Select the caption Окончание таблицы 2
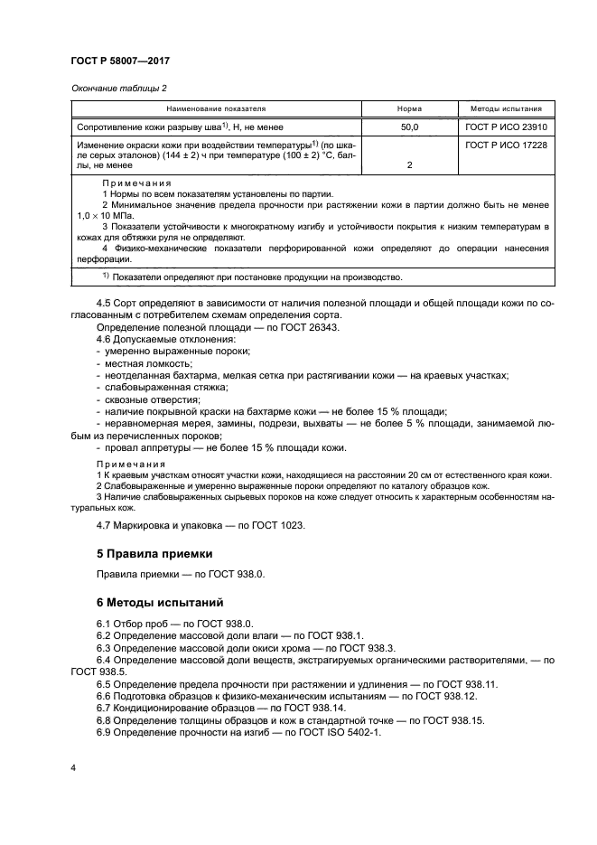pyautogui.click(x=118, y=89)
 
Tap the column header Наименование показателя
pyautogui.click(x=215, y=108)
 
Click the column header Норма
pyautogui.click(x=409, y=108)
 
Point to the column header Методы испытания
pyautogui.click(x=507, y=108)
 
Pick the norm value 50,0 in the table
pyautogui.click(x=409, y=127)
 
